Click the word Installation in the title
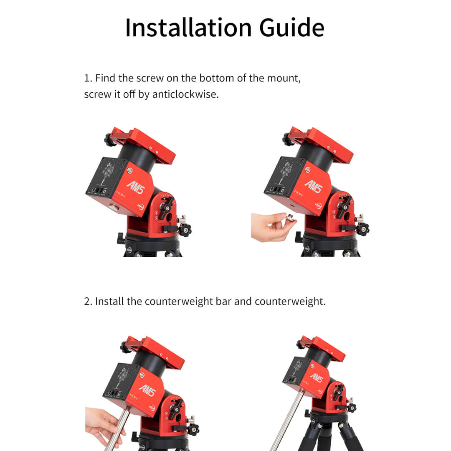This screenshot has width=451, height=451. (189, 28)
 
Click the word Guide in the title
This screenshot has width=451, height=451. (291, 28)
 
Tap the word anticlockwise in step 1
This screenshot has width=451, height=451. (185, 94)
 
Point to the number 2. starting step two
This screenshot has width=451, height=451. (88, 302)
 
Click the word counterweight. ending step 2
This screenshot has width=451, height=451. (290, 302)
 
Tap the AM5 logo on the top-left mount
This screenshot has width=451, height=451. (135, 187)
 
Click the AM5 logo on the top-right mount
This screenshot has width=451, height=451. (314, 186)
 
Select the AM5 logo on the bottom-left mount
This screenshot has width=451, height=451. (148, 390)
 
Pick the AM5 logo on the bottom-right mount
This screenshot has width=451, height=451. (317, 378)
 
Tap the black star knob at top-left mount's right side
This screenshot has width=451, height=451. (185, 230)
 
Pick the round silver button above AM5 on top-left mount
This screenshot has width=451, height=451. (130, 170)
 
